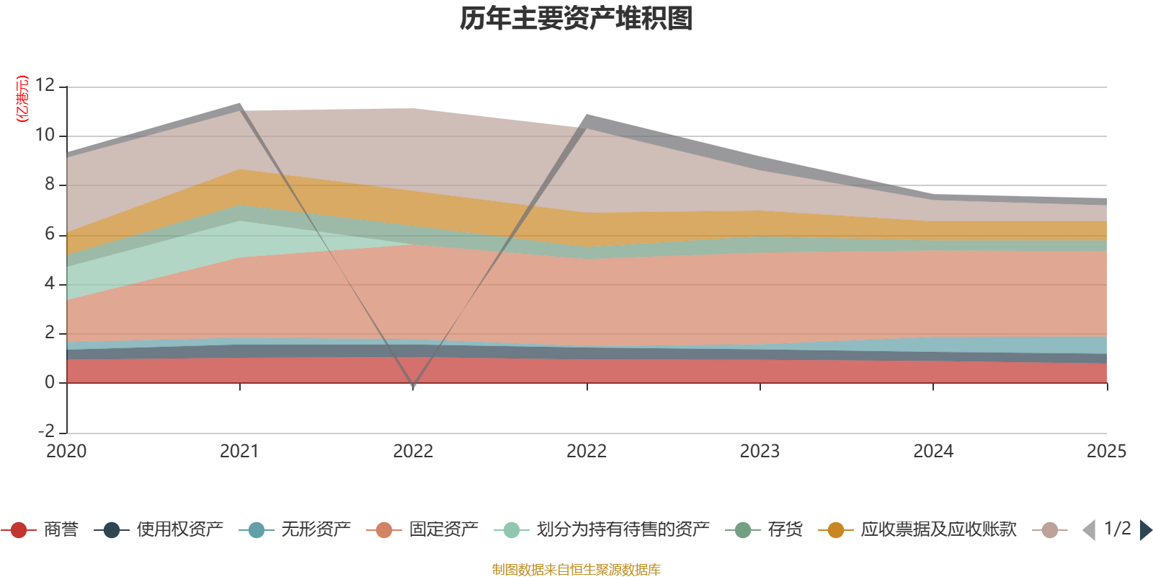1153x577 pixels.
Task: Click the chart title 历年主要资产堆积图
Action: [576, 19]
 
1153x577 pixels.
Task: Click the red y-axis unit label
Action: [22, 99]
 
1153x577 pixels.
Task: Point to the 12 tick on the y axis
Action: [45, 85]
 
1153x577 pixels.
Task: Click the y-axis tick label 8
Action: [50, 185]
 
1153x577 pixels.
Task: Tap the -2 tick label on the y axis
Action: [46, 431]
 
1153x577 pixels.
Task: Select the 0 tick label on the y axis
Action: [50, 382]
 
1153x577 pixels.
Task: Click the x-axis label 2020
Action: [66, 452]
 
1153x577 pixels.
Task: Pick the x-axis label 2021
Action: [239, 452]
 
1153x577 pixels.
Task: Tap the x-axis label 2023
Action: [760, 452]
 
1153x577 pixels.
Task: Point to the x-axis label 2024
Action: [933, 452]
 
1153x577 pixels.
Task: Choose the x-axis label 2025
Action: [1105, 452]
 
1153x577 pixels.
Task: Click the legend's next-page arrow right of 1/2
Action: [1145, 530]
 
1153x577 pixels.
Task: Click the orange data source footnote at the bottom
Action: [576, 570]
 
